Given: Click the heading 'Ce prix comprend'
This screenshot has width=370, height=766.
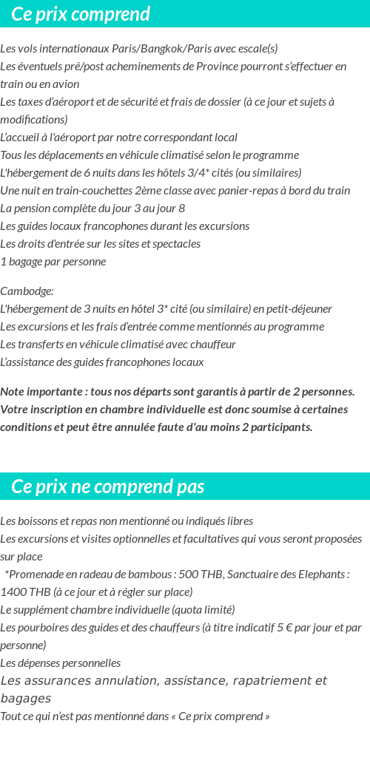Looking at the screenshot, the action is tap(81, 14).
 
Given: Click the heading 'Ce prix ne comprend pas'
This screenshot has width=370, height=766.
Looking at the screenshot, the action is tap(108, 487).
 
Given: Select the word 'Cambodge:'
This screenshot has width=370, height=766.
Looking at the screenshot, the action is tap(27, 291).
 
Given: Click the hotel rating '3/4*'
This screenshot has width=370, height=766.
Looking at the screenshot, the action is tap(189, 173).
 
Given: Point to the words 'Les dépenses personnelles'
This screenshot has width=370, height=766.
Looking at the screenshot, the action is tap(61, 663).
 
